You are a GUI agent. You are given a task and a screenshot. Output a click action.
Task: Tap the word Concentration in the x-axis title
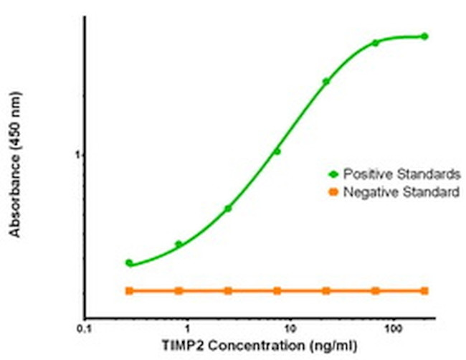coord(243,347)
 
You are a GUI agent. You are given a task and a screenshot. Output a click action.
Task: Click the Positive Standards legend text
coord(401,174)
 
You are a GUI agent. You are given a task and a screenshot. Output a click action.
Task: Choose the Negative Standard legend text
coord(401,191)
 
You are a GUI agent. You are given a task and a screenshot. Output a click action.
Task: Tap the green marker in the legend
coord(333,174)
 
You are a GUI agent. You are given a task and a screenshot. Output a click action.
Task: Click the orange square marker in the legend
coord(333,191)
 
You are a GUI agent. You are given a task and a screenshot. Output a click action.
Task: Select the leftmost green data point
coord(129,263)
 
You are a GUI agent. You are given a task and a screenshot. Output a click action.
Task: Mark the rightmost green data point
coord(424,36)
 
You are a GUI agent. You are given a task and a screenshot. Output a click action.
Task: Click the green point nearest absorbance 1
coord(277,151)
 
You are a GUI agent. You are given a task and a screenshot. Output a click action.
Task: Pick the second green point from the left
coord(179,245)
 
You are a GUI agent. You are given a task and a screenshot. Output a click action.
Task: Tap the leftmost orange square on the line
coord(129,290)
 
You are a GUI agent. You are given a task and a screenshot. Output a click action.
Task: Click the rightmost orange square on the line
coord(424,290)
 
